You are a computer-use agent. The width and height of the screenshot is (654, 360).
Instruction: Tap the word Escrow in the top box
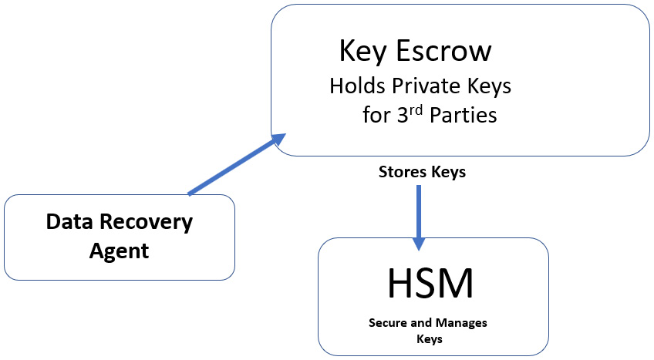coord(443,51)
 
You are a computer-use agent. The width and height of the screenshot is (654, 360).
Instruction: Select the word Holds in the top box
coord(357,86)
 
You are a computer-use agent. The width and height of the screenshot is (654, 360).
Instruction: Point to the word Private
coord(426,86)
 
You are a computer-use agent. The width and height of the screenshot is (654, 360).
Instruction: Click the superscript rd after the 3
coord(416,110)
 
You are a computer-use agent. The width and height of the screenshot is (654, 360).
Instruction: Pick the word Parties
coord(464,115)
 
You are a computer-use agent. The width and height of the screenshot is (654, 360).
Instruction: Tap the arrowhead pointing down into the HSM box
coord(419,244)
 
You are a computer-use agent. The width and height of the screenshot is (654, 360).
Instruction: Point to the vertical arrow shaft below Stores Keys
coord(419,212)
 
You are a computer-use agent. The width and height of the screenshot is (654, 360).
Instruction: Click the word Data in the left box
coord(69,222)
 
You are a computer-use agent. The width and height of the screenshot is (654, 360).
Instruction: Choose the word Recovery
coord(147,223)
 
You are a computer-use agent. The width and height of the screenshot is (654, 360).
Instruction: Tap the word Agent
coord(120,251)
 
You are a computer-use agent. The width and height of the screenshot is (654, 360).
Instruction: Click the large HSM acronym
coord(431,284)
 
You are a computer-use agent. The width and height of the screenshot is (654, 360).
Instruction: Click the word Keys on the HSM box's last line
coord(430,338)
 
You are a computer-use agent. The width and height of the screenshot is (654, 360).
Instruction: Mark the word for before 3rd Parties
coord(376,115)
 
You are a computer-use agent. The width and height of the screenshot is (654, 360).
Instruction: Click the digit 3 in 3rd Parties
coord(403,115)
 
